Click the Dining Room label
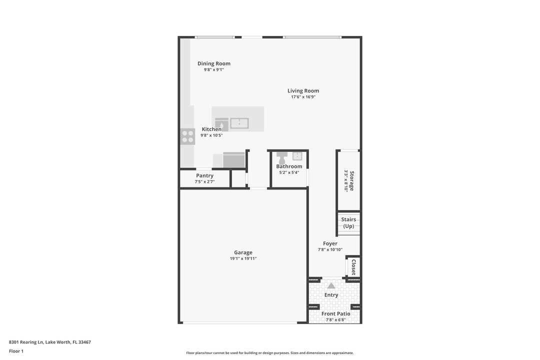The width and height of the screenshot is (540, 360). (213, 63)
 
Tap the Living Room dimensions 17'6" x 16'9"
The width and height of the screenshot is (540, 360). (303, 97)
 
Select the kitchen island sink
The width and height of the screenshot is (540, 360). (239, 123)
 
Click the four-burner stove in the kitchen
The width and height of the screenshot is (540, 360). (188, 136)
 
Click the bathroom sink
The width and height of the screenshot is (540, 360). (297, 155)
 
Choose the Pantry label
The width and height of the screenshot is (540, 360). (204, 175)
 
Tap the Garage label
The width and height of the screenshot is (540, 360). (243, 252)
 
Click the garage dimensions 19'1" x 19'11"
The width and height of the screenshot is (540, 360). (243, 259)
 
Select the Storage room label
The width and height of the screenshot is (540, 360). (352, 180)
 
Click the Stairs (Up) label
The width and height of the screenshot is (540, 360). (348, 222)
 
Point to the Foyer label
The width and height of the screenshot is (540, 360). (330, 243)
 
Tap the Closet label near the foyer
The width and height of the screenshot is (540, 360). (353, 267)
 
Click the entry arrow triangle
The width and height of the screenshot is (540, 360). (331, 285)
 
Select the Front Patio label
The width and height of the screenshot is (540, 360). (335, 314)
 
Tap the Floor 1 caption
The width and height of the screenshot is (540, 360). (16, 351)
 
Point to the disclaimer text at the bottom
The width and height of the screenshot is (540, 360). (269, 353)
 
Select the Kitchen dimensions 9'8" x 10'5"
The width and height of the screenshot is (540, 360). (211, 135)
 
